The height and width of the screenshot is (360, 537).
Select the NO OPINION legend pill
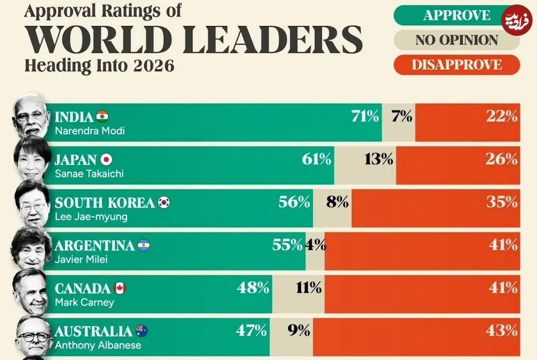tap(456, 40)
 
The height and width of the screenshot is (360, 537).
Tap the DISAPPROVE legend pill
tap(456, 64)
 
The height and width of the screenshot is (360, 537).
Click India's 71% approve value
tap(365, 117)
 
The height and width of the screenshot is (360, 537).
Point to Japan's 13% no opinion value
tap(379, 159)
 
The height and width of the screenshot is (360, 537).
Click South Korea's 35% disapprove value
tap(502, 202)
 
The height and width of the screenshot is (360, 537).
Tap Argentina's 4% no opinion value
tap(315, 245)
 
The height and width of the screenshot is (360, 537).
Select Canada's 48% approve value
tap(253, 287)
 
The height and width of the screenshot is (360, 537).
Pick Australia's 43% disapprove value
tap(502, 331)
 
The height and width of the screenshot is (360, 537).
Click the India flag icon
tap(102, 117)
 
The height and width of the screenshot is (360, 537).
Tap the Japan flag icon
tap(106, 160)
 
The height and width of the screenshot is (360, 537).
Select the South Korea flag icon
tap(164, 203)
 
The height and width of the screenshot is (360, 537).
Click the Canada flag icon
tap(119, 288)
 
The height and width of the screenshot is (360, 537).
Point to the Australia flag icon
tap(141, 331)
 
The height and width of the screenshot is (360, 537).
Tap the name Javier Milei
tap(81, 259)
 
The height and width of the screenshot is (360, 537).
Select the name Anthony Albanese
tap(98, 345)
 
